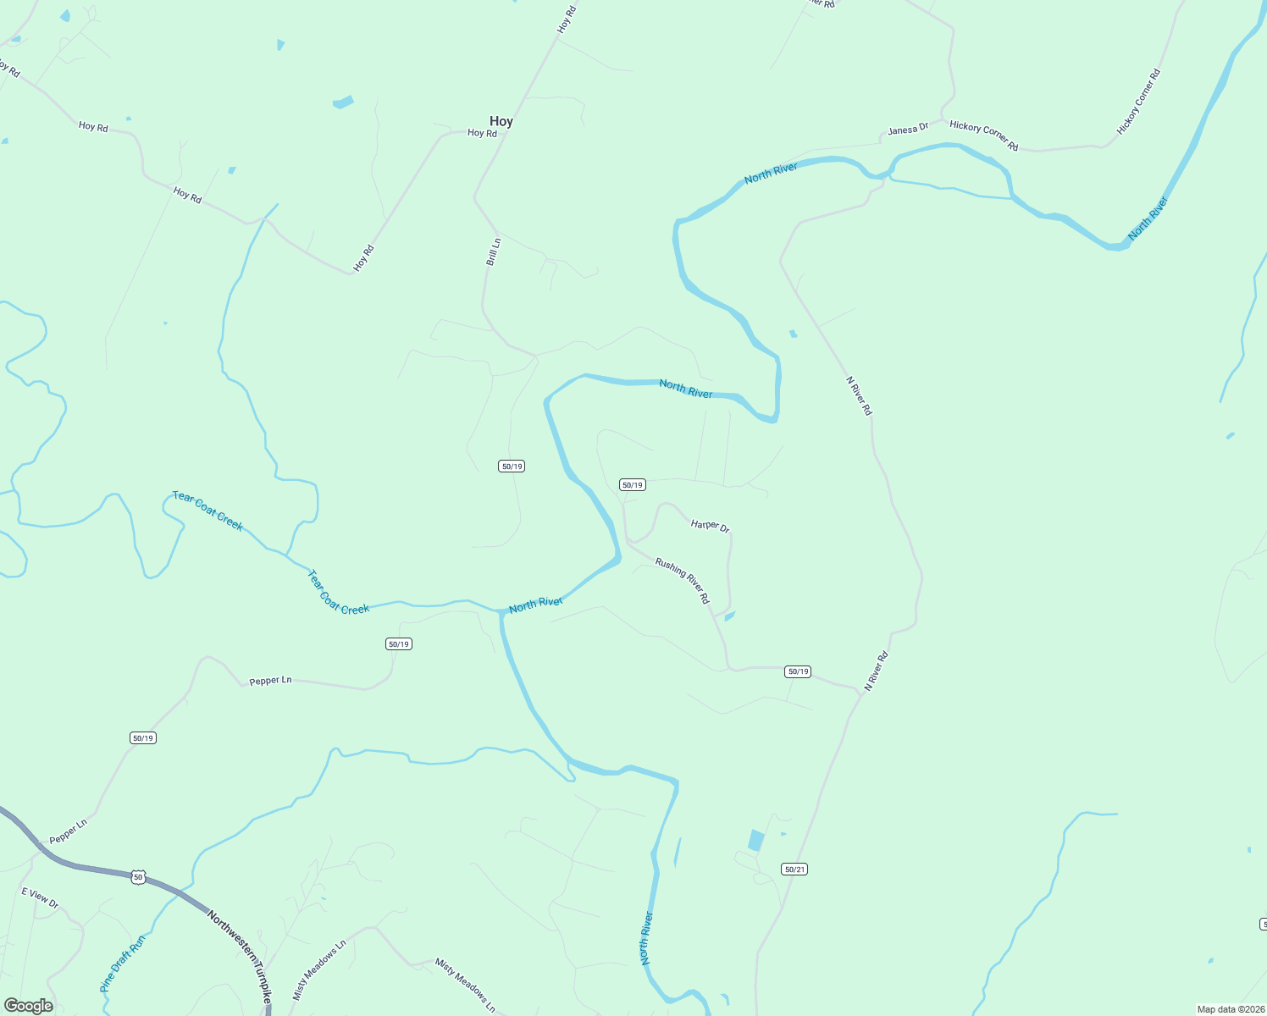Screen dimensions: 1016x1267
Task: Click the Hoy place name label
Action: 501,122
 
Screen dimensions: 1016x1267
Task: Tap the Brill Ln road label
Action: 493,252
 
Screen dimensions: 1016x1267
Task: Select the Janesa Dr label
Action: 908,130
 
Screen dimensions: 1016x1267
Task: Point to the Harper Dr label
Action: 710,526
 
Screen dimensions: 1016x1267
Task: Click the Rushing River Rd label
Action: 683,580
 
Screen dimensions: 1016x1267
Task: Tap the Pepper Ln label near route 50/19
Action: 270,681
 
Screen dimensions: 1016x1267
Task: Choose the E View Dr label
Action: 40,897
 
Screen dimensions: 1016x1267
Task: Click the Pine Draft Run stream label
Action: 123,963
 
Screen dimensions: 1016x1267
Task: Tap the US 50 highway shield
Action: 138,877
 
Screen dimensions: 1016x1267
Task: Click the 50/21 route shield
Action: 794,870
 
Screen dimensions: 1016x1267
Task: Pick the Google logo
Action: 29,1006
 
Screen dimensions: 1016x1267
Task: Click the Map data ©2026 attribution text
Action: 1230,1009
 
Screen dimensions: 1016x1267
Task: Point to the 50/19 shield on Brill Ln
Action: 512,467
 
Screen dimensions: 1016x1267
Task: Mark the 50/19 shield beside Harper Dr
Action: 633,485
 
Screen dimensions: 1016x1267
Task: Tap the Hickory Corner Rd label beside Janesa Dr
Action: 983,135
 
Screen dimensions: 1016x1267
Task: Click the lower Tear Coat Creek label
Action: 338,593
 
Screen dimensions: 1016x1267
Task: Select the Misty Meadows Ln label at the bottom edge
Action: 465,985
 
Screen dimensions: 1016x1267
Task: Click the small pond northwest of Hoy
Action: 342,102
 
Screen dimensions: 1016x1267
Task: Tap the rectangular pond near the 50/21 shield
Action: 755,841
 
